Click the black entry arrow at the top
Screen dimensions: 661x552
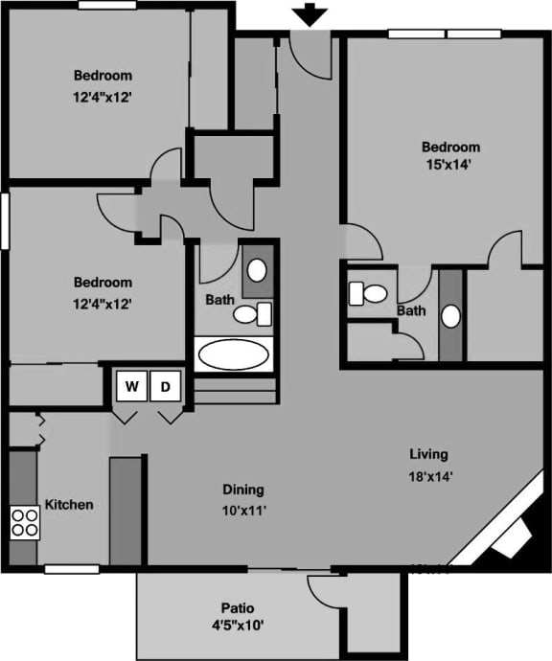pos(310,15)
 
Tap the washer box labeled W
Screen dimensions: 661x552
pos(133,387)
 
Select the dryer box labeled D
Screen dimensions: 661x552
pos(165,387)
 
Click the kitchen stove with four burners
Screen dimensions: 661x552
pos(25,521)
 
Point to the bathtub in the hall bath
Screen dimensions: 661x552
pos(234,354)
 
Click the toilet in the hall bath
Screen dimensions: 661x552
pos(252,312)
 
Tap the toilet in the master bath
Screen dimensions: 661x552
pos(369,292)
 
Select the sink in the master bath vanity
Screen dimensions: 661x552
pos(450,315)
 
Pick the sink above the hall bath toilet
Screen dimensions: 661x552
pos(258,269)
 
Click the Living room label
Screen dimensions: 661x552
pos(428,454)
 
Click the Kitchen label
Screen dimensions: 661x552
pos(69,504)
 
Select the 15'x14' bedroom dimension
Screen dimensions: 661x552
pos(450,165)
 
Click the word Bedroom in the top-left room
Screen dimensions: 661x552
pos(103,75)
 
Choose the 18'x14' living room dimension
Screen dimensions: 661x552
pos(430,475)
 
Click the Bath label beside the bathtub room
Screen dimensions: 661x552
pos(219,299)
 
